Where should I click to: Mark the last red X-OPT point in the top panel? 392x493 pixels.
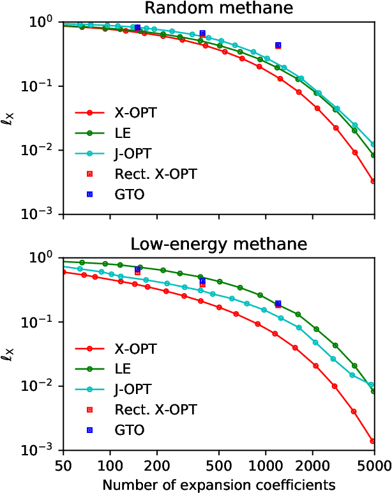(373, 181)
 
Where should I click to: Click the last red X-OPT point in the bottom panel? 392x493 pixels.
(373, 441)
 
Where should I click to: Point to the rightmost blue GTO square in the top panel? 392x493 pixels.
(278, 45)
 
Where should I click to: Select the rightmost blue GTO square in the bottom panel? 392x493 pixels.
(278, 303)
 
